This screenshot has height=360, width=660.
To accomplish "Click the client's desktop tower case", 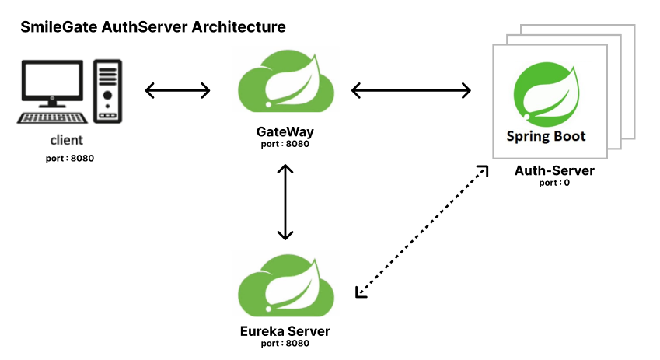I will [108, 90].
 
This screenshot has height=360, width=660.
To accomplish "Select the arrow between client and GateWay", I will [178, 91].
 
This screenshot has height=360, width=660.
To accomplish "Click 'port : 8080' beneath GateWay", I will [285, 143].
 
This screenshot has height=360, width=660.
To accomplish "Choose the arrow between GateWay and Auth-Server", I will [410, 91].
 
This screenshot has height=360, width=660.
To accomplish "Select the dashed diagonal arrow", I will [421, 231].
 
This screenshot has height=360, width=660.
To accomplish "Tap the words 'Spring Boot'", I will [547, 136].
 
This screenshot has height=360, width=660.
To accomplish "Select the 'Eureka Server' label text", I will [285, 331].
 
